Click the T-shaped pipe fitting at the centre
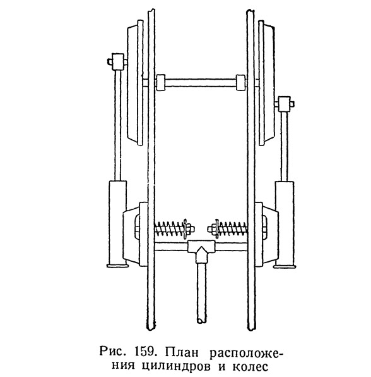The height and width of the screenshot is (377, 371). coord(201,250)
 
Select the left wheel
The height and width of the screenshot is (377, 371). coord(135,82)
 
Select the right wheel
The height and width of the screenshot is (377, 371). coord(266,82)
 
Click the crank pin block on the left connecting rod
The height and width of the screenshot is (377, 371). coord(117,61)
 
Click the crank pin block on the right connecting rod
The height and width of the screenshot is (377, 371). coord(285,104)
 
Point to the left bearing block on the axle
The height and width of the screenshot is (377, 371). coord(161,82)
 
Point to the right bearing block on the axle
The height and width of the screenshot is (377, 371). coord(240,82)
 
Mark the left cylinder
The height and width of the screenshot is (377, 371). coord(117,223)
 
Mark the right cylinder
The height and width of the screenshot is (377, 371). coord(285,224)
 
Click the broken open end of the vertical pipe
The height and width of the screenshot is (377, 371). coord(201,321)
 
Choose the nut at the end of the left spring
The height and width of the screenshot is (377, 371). coord(189,228)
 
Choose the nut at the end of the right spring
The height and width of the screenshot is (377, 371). coord(212,228)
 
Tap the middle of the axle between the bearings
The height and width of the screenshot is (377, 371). coord(201,83)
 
